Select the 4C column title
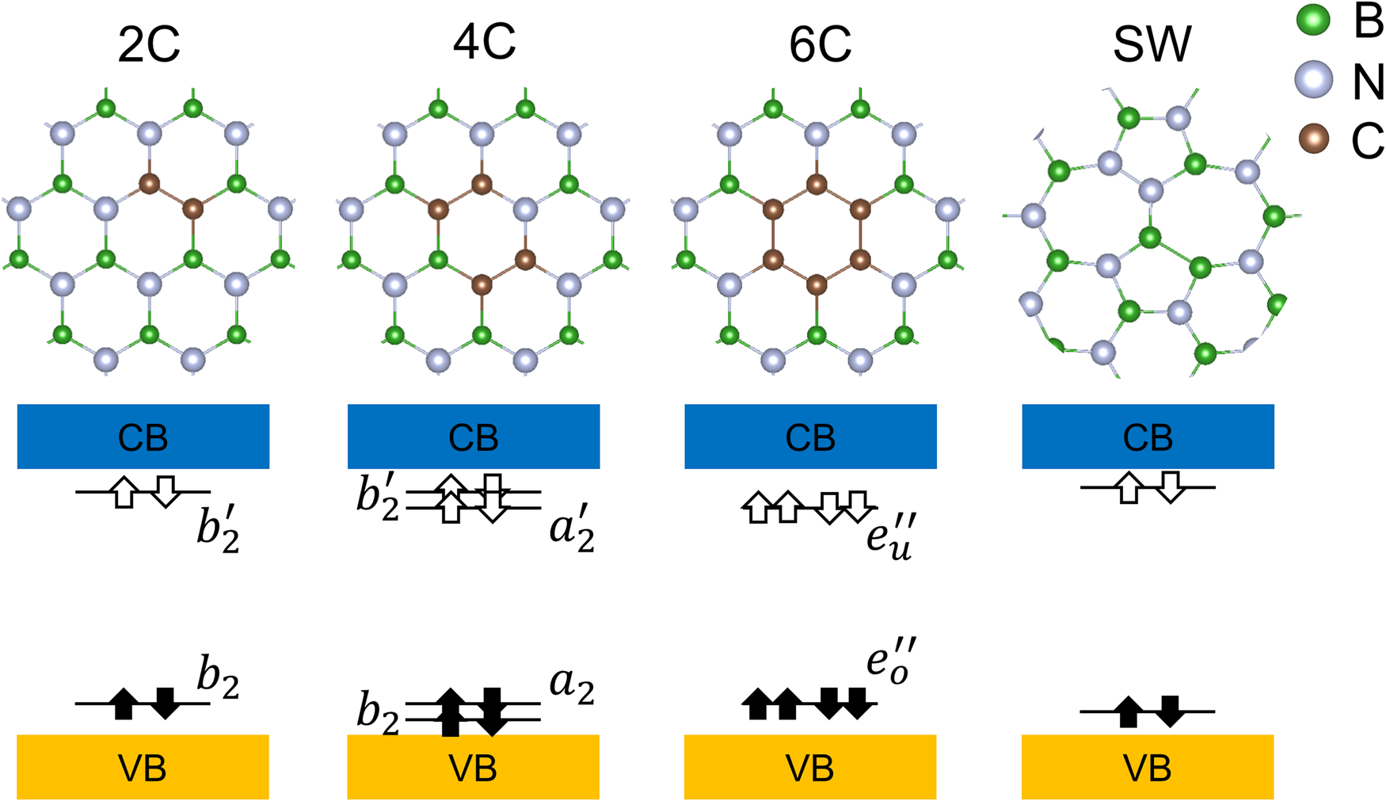click(484, 41)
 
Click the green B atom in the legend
click(1314, 20)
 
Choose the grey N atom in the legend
click(1314, 80)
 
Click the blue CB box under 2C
click(143, 437)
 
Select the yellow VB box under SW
click(1148, 767)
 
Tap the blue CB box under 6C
click(810, 437)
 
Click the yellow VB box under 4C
click(473, 767)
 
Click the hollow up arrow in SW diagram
click(1129, 487)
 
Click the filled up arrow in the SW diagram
click(1129, 711)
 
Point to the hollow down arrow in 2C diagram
click(165, 492)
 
